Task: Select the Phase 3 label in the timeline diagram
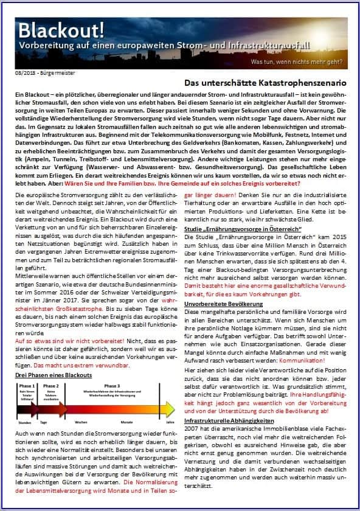click(x=111, y=386)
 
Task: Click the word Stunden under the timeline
click(x=25, y=422)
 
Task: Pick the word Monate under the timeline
click(x=126, y=422)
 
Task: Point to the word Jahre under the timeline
click(x=170, y=422)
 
